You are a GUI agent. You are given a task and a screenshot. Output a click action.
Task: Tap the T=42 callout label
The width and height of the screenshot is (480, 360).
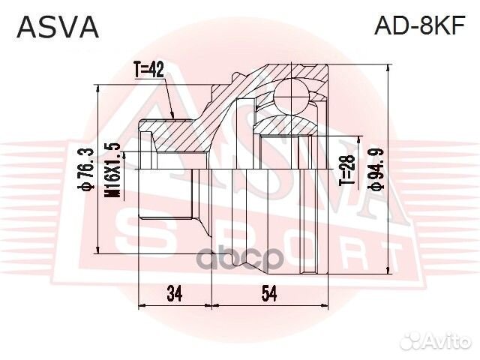click(149, 71)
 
